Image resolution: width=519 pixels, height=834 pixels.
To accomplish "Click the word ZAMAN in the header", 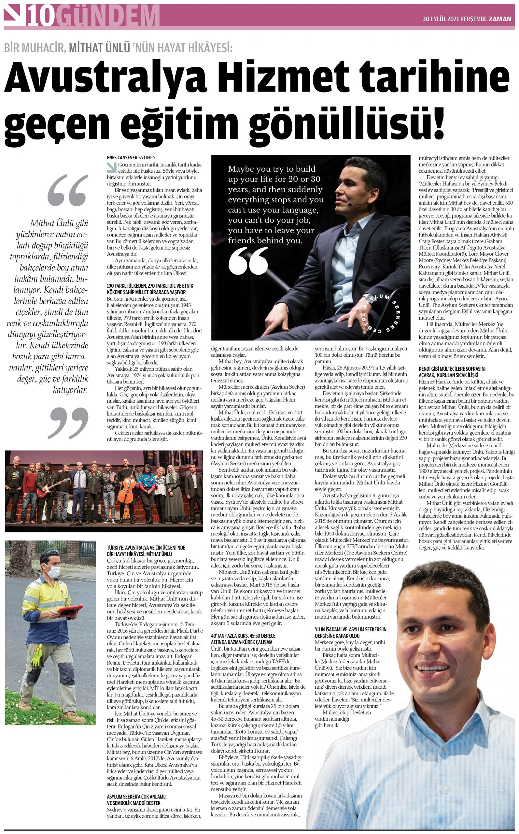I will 500,19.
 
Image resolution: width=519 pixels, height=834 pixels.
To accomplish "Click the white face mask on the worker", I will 52,571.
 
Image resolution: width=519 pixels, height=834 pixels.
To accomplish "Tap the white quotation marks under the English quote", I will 248,261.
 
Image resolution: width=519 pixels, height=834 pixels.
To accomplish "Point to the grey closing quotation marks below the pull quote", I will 69,422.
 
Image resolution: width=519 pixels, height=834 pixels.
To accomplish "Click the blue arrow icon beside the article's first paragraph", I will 111,167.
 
